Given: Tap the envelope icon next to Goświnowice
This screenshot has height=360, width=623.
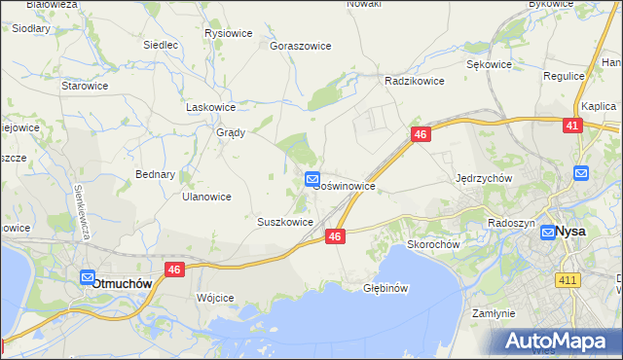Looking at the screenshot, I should coord(312,179).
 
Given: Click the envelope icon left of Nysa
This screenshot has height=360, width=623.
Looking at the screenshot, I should coord(548,233).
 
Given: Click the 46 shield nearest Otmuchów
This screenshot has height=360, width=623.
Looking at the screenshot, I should coord(175,270).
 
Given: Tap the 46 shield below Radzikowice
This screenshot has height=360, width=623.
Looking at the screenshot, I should coord(421,136).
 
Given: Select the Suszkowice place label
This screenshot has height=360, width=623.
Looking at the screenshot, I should coord(285,222).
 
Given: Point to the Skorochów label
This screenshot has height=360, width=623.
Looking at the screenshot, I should coord(432,245).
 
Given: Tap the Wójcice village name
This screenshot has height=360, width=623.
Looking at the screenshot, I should coord(215,298).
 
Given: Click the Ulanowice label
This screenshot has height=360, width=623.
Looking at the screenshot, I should coord(206,197).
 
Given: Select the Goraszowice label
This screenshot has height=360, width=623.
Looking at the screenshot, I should coord(301,46).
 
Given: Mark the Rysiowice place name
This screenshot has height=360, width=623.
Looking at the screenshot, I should coord(229,33).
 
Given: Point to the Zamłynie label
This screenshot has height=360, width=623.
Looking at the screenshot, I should coord(493,313).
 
